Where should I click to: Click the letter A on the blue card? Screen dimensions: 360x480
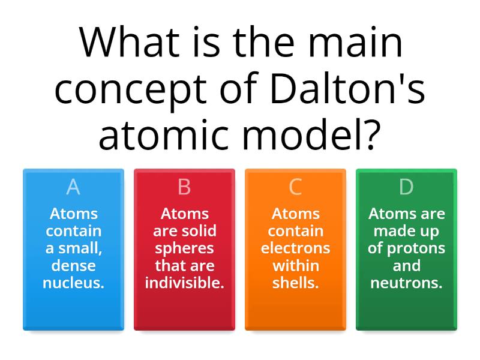click(73, 187)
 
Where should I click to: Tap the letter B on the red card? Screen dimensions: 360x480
click(184, 187)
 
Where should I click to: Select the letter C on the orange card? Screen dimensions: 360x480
click(295, 187)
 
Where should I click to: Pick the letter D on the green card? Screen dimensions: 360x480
click(406, 187)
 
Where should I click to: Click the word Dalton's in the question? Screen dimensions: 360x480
click(347, 88)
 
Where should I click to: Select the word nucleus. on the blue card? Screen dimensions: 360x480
click(73, 283)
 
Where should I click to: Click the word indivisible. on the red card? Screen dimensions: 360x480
click(184, 283)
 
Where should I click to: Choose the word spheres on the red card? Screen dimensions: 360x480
click(184, 248)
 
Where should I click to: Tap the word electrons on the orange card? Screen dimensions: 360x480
click(295, 248)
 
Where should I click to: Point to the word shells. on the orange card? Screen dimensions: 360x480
click(295, 283)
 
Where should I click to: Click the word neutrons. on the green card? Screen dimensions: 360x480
click(406, 283)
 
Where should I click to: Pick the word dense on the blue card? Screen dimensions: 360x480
click(73, 265)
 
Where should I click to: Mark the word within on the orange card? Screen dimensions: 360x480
click(295, 265)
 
